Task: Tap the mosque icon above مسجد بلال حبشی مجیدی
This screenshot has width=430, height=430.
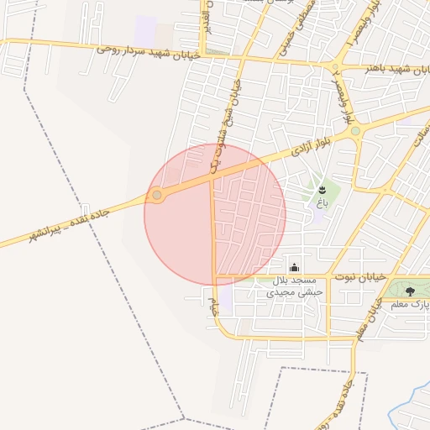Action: [293, 268]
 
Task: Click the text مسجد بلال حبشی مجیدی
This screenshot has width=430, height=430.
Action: [290, 286]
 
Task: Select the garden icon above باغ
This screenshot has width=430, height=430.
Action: [322, 190]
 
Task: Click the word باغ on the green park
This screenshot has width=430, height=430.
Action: [322, 202]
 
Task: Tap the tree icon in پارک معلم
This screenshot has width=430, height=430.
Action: [410, 291]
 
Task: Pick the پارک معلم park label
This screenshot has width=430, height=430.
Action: [412, 303]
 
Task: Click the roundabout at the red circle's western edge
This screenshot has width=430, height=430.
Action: [157, 196]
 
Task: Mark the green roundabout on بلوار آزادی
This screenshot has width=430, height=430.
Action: [355, 131]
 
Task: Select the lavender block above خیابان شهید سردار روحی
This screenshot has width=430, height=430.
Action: [145, 31]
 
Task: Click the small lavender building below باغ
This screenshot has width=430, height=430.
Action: [317, 216]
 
